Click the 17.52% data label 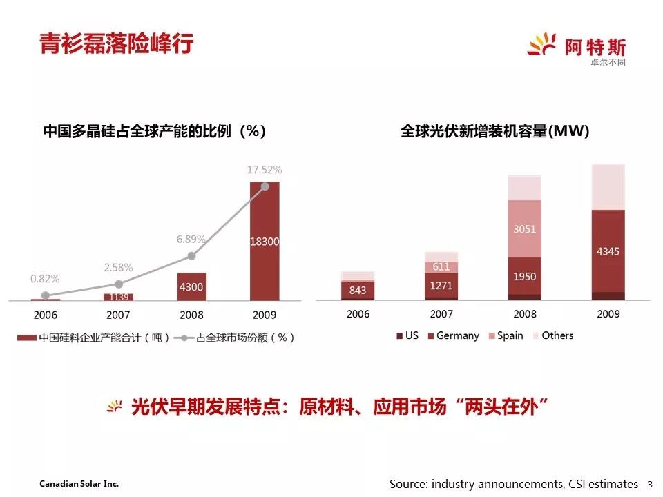tap(265, 169)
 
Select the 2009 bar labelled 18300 tap(265, 241)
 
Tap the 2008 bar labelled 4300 tap(191, 286)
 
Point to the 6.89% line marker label tap(191, 240)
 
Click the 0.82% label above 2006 tap(45, 279)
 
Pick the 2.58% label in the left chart tap(119, 267)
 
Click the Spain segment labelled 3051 tap(525, 229)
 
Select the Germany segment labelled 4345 tap(608, 251)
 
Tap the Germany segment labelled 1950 tap(525, 276)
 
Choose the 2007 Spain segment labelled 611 tap(441, 266)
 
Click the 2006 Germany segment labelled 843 tap(358, 290)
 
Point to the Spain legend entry tap(505, 335)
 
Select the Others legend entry tap(552, 335)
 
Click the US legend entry tap(407, 335)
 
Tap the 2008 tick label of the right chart tap(525, 314)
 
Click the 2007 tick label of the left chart tap(119, 315)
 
